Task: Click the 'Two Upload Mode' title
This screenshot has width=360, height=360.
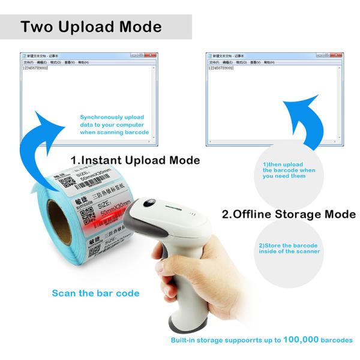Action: tap(91, 27)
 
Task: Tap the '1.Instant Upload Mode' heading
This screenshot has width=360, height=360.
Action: tap(135, 160)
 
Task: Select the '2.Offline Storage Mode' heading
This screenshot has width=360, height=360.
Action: tap(289, 214)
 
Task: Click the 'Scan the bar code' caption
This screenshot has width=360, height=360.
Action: tap(95, 293)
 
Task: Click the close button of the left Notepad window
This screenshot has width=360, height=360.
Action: tap(153, 55)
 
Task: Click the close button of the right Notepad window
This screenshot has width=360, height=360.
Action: tap(339, 55)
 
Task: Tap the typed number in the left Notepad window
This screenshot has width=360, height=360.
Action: tap(35, 67)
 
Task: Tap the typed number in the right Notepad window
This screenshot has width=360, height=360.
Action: tap(221, 67)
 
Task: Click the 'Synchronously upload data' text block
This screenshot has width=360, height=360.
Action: tap(114, 124)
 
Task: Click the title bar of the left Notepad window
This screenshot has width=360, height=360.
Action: tap(78, 55)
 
